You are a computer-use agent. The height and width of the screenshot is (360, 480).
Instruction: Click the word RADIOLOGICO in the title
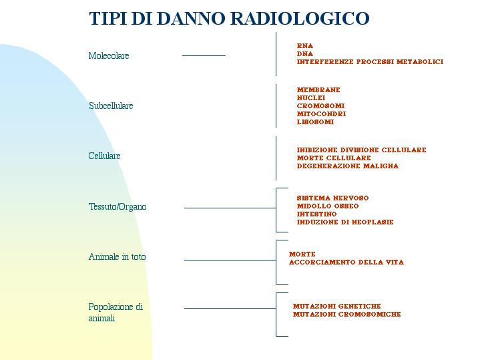(299, 19)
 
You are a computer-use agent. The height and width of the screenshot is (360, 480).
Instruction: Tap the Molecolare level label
(109, 55)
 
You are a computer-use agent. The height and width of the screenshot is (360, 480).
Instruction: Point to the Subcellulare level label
(111, 106)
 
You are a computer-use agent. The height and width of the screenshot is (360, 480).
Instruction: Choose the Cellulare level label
(104, 156)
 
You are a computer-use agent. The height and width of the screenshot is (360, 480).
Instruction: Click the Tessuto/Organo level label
(117, 207)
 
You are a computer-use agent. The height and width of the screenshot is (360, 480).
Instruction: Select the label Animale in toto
(117, 256)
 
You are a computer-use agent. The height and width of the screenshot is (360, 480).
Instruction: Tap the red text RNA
(305, 46)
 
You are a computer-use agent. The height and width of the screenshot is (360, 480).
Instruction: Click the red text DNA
(305, 54)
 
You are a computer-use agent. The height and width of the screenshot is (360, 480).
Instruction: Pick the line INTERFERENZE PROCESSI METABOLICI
(370, 62)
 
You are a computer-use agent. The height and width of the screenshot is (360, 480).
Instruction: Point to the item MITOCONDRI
(321, 114)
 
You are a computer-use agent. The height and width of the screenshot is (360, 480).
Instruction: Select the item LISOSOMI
(315, 122)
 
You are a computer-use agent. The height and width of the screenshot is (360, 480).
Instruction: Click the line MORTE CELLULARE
(334, 158)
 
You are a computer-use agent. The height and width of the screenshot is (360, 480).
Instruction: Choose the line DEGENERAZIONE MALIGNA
(348, 166)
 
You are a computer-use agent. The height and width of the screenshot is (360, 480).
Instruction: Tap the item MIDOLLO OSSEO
(328, 206)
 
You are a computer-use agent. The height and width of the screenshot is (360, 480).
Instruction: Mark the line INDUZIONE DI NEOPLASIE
(345, 222)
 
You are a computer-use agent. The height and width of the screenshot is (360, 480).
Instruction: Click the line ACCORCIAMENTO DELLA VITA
(346, 262)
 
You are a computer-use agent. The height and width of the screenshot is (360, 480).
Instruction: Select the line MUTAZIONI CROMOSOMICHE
(347, 315)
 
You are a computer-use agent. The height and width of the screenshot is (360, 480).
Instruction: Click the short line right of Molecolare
(204, 55)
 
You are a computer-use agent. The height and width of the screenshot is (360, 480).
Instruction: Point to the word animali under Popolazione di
(101, 319)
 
